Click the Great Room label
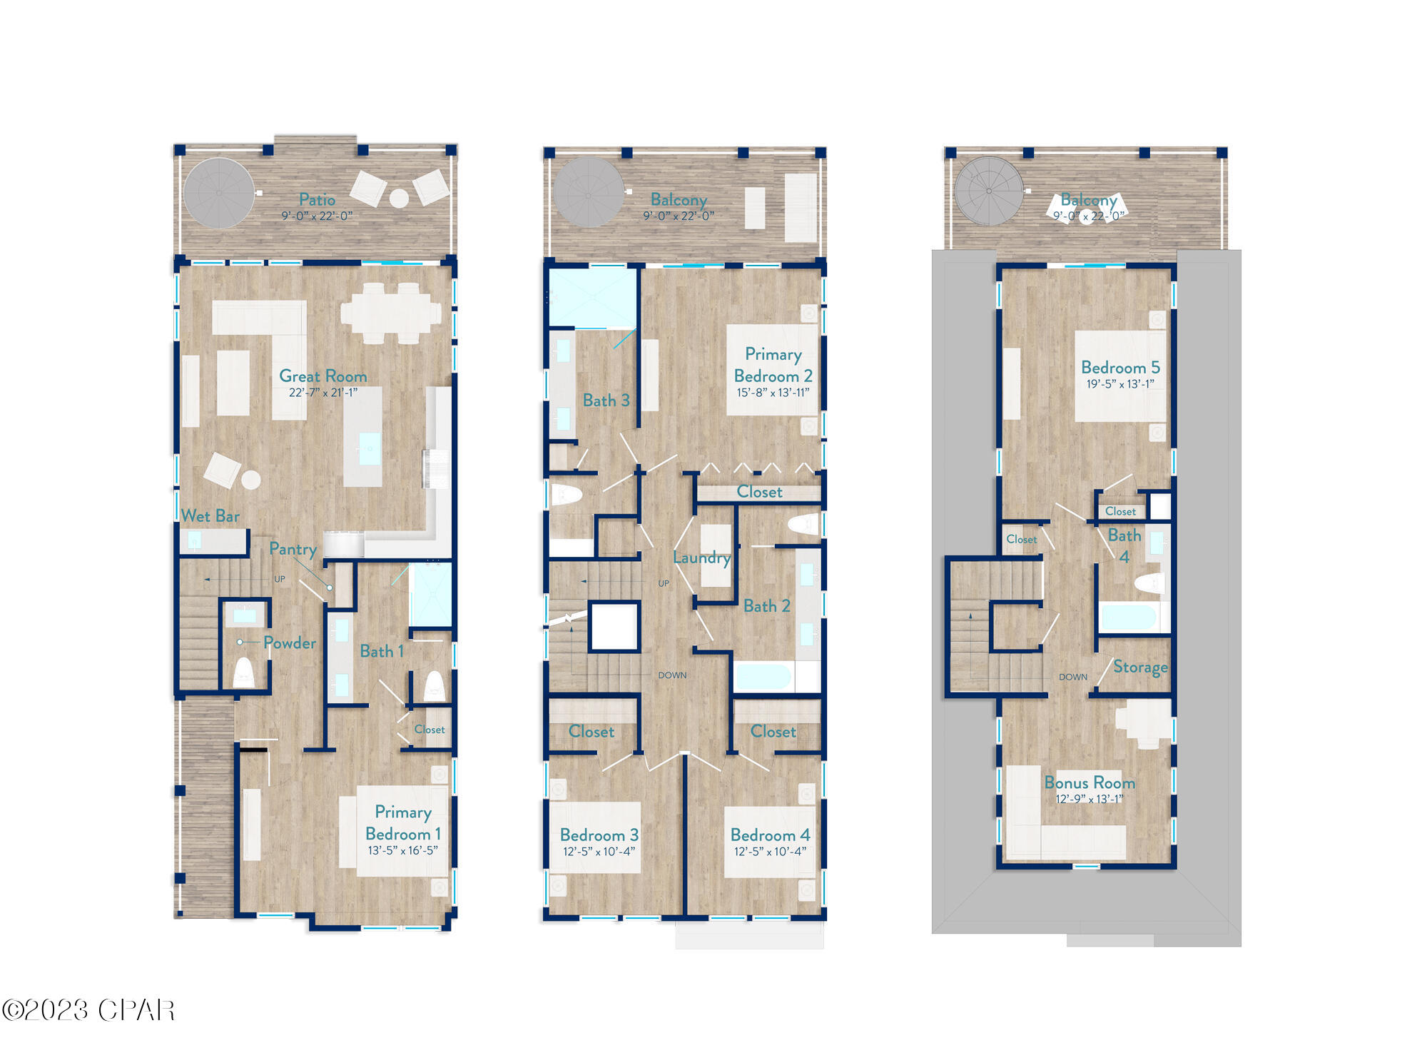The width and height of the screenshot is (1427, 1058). coord(323,376)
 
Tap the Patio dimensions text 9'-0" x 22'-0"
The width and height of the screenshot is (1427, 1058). coord(317,216)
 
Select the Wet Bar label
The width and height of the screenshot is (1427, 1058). coord(210,515)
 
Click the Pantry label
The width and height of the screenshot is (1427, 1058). coord(293,549)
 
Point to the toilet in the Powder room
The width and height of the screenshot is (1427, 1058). coord(243,672)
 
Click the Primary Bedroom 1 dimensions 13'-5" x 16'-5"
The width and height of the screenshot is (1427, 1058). coord(402,850)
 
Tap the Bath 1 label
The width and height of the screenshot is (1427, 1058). coord(381,651)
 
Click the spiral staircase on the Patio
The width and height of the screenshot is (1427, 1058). coord(218,193)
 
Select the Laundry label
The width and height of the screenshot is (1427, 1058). coord(701,558)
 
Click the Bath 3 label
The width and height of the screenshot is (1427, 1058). coord(606,400)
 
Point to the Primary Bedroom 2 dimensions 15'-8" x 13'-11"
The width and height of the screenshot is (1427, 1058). coord(773,393)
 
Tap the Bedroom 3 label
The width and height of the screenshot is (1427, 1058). coord(599,835)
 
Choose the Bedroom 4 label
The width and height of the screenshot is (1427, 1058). coord(770,835)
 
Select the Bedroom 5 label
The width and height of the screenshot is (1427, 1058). coord(1120,367)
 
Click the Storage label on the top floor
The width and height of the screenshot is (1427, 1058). coord(1139,667)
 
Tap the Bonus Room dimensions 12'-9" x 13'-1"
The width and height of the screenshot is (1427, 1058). coord(1089,799)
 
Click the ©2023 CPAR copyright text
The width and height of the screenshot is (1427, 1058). coord(88,1010)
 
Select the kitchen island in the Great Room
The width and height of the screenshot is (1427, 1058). coord(362,437)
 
